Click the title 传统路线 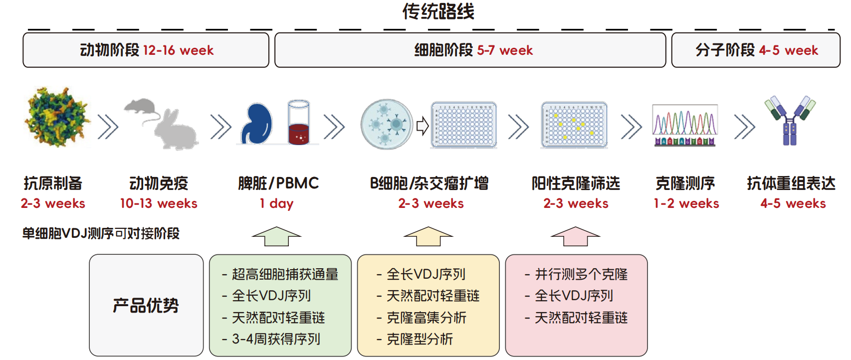point(438,11)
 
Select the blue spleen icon point(256,124)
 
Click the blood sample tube point(299,122)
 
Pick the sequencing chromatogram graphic point(684,125)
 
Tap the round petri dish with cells point(387,124)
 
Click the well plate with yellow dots point(575,125)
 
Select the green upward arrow point(276,236)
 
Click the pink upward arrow point(576,236)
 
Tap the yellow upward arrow point(428,236)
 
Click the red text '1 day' point(276,203)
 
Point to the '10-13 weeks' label point(159,203)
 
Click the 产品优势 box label point(146,305)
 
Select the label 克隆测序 point(685,183)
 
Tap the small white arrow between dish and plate point(423,126)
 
